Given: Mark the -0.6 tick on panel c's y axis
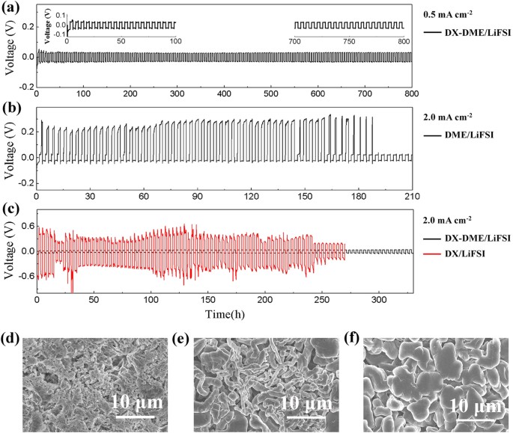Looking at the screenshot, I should tap(22, 277).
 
